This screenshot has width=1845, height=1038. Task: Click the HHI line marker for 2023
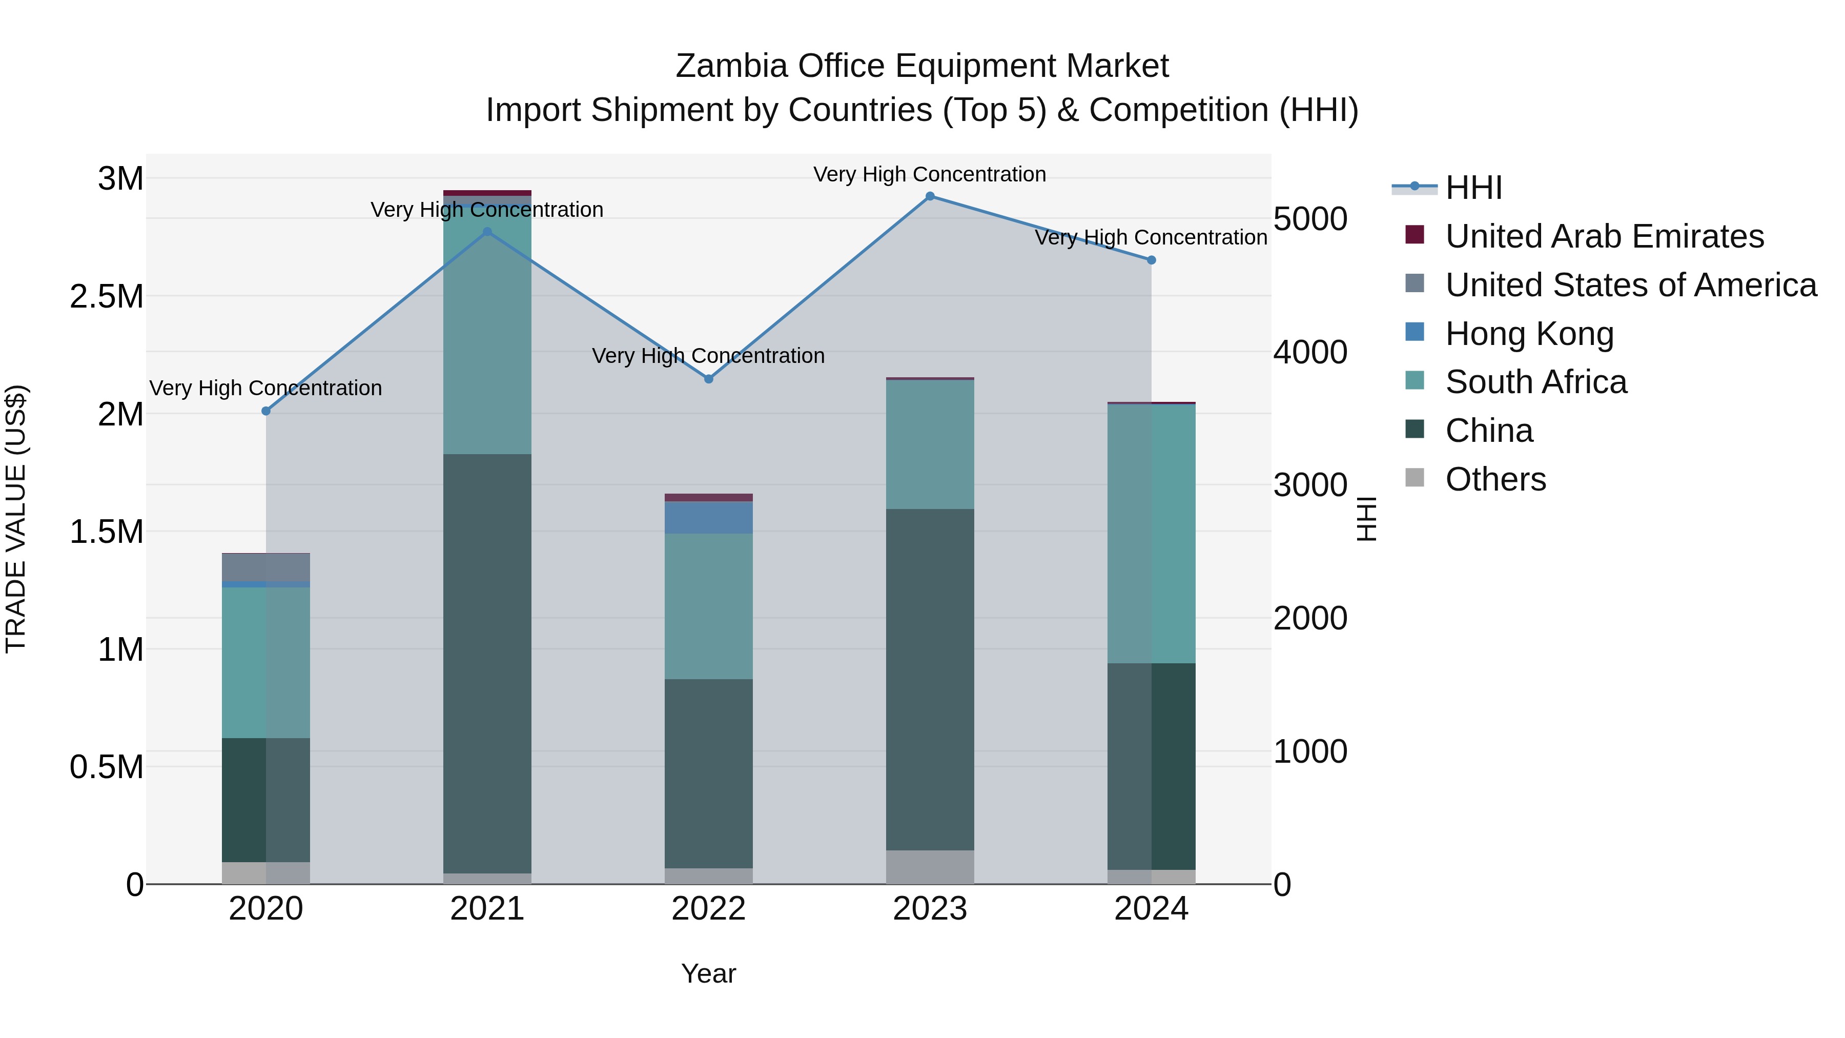click(930, 196)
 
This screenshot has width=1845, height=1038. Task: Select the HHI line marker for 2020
click(265, 411)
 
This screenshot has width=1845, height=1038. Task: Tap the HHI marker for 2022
click(708, 379)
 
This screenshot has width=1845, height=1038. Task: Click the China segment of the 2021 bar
click(487, 663)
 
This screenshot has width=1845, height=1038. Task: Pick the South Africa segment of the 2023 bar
click(930, 444)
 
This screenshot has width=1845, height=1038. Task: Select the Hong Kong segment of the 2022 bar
click(708, 517)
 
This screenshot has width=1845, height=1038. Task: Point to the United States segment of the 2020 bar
click(265, 567)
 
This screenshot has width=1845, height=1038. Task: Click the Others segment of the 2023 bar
click(930, 867)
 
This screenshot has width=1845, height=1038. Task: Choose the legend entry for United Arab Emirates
click(1604, 236)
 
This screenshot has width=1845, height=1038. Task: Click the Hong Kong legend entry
click(1529, 334)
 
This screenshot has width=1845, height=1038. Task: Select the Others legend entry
click(1495, 479)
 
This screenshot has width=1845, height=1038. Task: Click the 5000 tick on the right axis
click(1310, 219)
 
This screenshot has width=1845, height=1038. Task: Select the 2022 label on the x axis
click(708, 909)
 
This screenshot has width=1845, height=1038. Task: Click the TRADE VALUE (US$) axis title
click(16, 519)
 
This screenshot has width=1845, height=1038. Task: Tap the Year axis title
click(708, 973)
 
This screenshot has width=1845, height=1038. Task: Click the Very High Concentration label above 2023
click(930, 174)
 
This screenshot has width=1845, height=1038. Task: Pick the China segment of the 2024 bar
click(1151, 766)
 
